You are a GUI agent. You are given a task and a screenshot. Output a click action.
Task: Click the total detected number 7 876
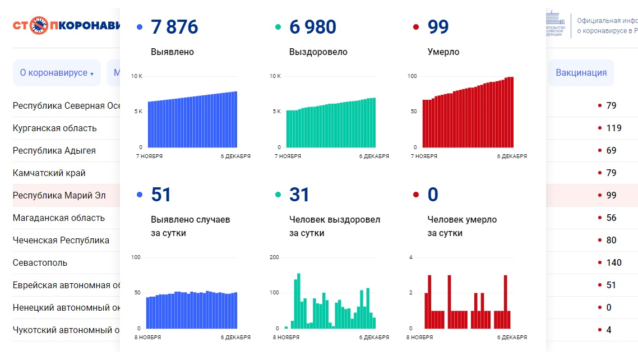174,27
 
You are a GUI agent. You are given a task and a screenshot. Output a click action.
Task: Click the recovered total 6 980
312,27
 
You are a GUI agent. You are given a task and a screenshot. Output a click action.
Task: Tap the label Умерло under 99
443,52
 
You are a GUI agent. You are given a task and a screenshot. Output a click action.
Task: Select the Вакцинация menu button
581,73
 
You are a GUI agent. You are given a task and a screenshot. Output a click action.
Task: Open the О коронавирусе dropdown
56,73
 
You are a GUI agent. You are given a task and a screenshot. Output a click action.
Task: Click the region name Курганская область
54,128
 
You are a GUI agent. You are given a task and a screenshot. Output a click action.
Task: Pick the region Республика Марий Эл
59,195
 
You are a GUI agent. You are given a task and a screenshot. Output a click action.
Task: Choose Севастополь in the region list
40,262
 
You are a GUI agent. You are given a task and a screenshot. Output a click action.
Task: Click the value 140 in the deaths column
613,262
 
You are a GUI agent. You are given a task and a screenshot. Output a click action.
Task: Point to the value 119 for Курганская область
613,128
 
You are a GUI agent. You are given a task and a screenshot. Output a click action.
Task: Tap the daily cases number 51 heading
161,195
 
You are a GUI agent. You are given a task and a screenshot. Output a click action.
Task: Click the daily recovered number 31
299,195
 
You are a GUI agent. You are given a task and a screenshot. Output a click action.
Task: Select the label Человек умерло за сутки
461,226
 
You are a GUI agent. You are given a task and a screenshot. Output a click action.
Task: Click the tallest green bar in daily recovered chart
299,301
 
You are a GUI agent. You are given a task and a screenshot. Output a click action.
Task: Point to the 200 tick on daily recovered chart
274,257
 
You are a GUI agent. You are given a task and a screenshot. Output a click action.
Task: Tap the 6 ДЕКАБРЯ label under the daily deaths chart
512,338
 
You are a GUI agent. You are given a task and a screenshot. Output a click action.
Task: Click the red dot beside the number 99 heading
415,27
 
